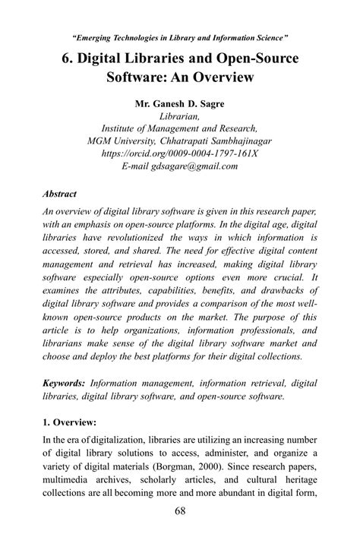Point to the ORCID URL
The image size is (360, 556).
(x=180, y=153)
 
